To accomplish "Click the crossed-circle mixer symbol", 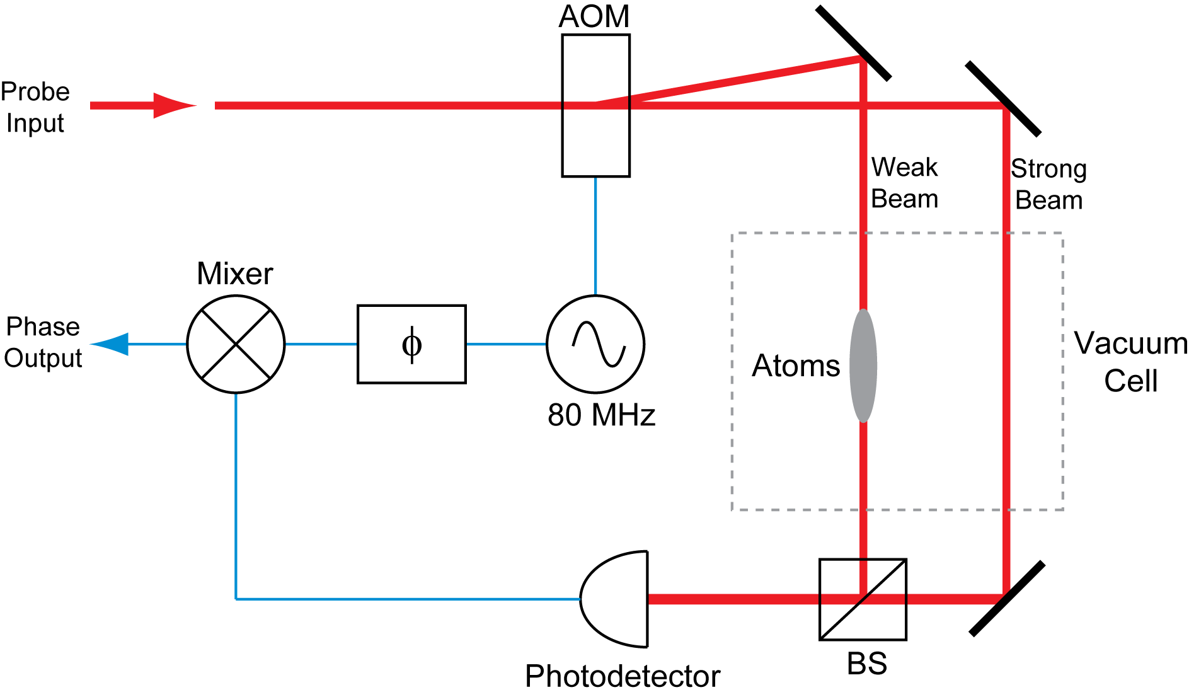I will (236, 344).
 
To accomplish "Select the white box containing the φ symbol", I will (411, 344).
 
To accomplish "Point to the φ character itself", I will (411, 344).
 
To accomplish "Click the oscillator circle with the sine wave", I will (595, 344).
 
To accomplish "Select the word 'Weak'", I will (905, 170).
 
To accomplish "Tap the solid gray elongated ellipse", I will (863, 366).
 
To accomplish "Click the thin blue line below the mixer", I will (236, 492).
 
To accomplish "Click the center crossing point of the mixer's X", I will (236, 344).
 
